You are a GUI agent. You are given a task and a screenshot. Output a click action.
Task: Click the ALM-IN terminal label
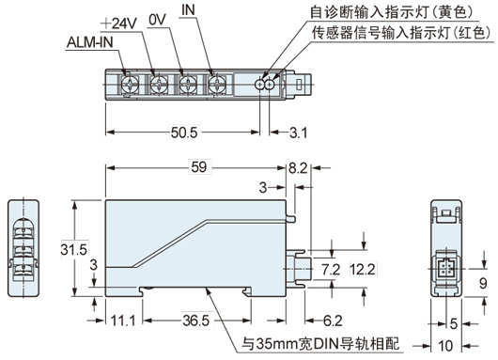click(x=90, y=42)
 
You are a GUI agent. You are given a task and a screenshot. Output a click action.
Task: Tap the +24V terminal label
click(x=118, y=23)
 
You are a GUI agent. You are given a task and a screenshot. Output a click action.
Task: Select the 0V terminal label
click(x=157, y=20)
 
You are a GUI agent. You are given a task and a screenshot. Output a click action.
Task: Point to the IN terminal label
click(x=188, y=9)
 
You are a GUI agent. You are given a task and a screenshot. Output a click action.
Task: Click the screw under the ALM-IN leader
click(x=131, y=85)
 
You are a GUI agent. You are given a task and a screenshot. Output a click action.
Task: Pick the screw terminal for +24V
click(x=159, y=85)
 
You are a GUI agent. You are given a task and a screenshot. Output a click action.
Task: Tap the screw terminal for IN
click(x=217, y=85)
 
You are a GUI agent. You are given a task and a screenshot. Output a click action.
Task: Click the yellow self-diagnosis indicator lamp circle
click(x=259, y=85)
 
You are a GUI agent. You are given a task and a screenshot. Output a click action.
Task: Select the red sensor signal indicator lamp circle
click(x=270, y=85)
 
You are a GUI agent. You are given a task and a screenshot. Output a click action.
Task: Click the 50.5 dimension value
click(x=184, y=133)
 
